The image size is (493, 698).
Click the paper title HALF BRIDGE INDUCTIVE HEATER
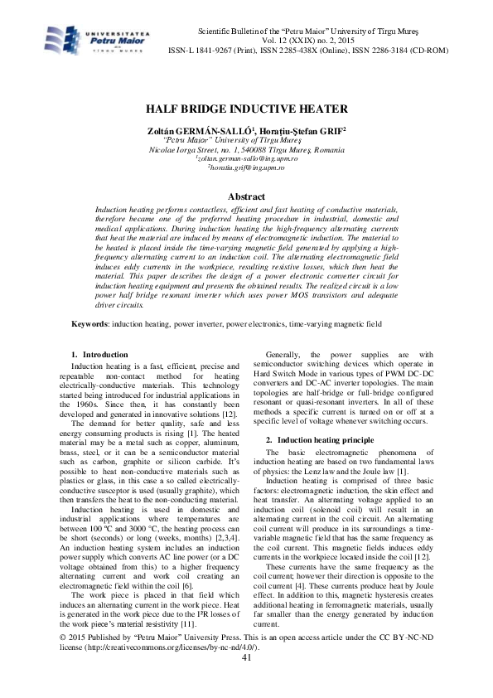coord(246,109)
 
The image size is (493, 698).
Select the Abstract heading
coord(246,196)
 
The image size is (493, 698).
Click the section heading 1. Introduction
coord(100,354)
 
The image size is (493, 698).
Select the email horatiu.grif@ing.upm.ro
coord(246,167)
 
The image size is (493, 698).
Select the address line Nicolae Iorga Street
coord(246,148)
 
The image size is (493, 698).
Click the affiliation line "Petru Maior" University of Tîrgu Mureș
coord(246,139)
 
